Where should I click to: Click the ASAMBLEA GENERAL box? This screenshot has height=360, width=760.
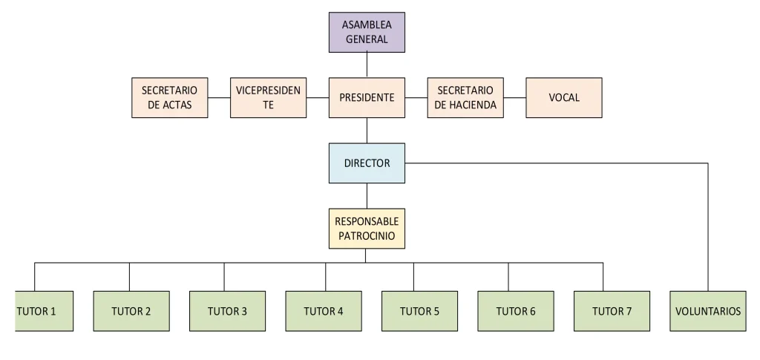point(367,33)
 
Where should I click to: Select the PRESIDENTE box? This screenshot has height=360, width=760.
point(367,97)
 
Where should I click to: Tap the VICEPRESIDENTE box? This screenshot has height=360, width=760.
point(268,97)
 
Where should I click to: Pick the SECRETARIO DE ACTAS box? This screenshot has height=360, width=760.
point(169,97)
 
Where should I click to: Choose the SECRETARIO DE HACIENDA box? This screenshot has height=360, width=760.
point(465,97)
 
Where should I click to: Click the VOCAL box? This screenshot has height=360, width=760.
point(564,97)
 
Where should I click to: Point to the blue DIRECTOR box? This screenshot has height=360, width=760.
point(367,163)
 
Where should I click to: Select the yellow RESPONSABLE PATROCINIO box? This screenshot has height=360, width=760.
point(367,229)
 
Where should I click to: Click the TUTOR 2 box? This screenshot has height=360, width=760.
point(131,311)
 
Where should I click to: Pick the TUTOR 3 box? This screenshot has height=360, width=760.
point(227,311)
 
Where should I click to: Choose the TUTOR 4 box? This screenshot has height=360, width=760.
point(324,311)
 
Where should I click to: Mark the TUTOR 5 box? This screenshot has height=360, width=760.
point(419,311)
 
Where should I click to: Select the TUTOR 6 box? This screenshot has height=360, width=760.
point(516,311)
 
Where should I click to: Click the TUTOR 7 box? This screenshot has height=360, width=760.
point(612,311)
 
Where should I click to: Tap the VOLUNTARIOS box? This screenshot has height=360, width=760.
point(708,311)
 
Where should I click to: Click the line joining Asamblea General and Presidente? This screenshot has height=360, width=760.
point(367,65)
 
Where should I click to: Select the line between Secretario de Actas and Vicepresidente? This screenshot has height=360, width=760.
point(219,97)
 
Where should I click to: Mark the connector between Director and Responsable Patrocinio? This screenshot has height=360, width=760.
point(367,196)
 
